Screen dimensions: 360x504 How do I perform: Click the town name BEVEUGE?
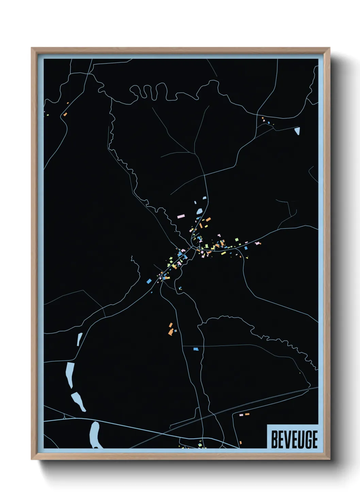pyautogui.click(x=294, y=439)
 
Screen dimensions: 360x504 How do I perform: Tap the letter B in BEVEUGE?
pyautogui.click(x=274, y=439)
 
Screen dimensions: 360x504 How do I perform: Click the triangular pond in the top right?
pyautogui.click(x=297, y=131)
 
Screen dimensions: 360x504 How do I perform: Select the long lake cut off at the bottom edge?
pyautogui.click(x=95, y=435)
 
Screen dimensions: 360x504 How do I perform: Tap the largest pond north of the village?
pyautogui.click(x=199, y=211)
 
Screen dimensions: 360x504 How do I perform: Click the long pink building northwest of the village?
pyautogui.click(x=181, y=216)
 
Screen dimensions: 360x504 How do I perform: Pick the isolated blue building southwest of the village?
pyautogui.click(x=149, y=281)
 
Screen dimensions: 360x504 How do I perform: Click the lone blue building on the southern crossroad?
pyautogui.click(x=196, y=349)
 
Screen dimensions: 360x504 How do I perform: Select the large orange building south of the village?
pyautogui.click(x=170, y=331)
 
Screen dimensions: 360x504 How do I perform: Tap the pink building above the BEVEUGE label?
pyautogui.click(x=241, y=415)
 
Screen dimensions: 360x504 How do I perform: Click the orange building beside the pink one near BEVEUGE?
pyautogui.click(x=247, y=414)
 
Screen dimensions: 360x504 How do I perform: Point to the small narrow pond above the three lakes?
pyautogui.click(x=80, y=339)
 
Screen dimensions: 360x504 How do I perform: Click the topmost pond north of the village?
pyautogui.click(x=204, y=198)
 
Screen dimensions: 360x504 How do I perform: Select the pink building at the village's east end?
pyautogui.click(x=258, y=243)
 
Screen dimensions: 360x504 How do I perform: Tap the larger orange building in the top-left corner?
pyautogui.click(x=65, y=114)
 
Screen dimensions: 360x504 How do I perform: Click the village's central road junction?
pyautogui.click(x=193, y=247)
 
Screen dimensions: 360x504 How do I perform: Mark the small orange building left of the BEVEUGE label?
pyautogui.click(x=241, y=443)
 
